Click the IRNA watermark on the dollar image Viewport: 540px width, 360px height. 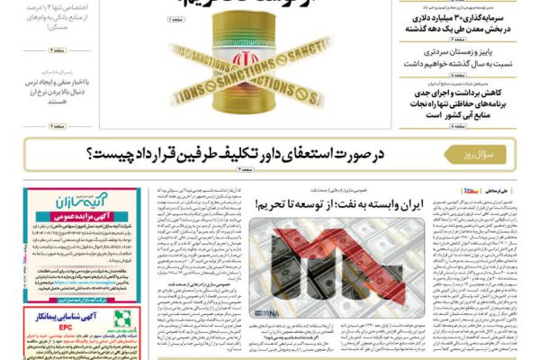pos(268,311)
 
